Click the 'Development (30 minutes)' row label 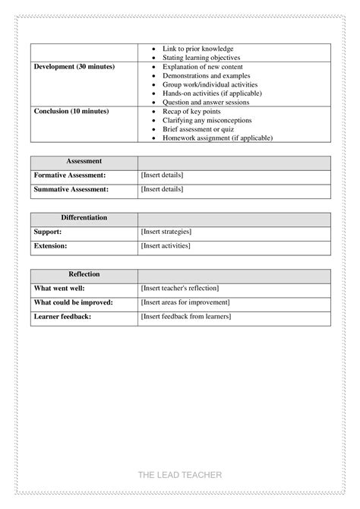tap(74, 67)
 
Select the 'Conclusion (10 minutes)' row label tap(71, 111)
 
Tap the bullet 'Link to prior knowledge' tap(198, 49)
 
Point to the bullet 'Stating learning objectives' tap(201, 58)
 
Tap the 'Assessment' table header tap(84, 162)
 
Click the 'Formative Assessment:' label tap(71, 175)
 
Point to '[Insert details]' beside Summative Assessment tap(162, 189)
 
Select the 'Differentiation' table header tap(84, 218)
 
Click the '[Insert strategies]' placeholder tap(166, 232)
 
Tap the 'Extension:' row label tap(51, 246)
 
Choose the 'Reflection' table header tap(84, 274)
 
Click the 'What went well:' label tap(59, 289)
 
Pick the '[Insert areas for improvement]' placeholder tap(185, 302)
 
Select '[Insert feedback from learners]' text tap(186, 316)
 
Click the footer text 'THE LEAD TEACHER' tap(180, 475)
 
